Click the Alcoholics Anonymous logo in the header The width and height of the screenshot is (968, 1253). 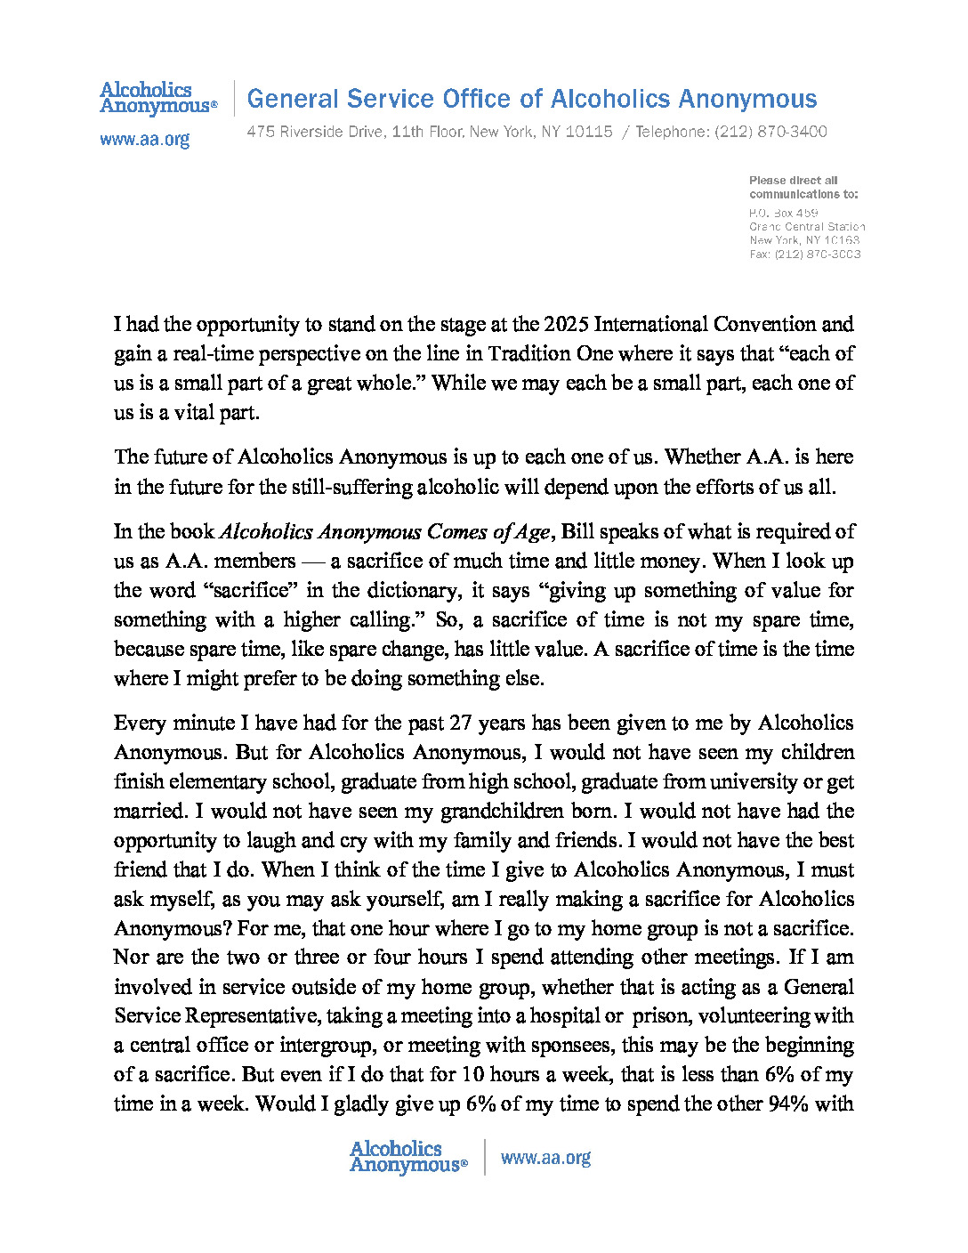coord(157,98)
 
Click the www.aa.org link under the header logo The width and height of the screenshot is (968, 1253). coord(144,140)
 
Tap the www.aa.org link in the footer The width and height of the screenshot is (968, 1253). coord(545,1158)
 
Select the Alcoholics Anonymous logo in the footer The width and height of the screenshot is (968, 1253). coord(407,1157)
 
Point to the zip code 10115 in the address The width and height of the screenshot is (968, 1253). coord(589,132)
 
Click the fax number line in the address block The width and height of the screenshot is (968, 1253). coord(804,254)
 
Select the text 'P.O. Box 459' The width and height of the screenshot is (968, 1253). coord(783,213)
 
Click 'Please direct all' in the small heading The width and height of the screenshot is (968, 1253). coord(793,180)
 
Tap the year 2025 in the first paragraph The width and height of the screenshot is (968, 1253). coord(566,324)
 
